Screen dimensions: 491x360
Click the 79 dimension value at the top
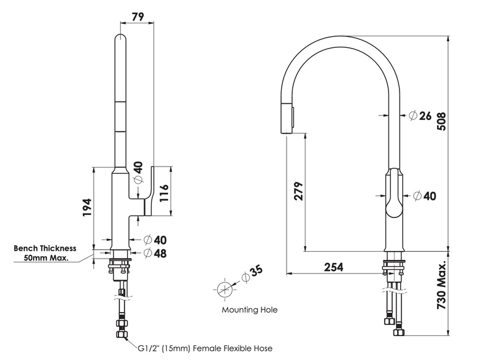[x=137, y=17]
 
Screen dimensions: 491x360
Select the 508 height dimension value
[x=441, y=121]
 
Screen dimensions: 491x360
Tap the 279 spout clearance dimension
[x=298, y=191]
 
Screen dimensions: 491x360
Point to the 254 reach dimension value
[x=333, y=267]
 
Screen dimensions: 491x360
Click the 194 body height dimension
[x=87, y=207]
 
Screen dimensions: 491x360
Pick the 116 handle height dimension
[x=164, y=193]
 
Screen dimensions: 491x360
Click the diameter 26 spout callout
[x=420, y=115]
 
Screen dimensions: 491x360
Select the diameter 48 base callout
[x=155, y=253]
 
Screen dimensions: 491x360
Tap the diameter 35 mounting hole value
[x=252, y=273]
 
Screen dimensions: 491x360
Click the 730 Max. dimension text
[x=441, y=284]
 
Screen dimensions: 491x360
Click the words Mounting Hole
[x=250, y=310]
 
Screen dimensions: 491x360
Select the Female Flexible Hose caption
[x=233, y=348]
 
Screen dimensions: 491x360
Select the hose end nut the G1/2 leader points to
[x=122, y=334]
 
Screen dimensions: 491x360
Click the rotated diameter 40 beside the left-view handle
[x=137, y=173]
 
